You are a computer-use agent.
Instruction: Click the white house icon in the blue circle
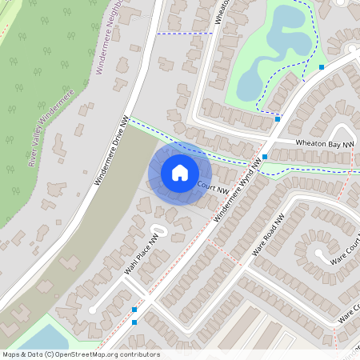[180, 173]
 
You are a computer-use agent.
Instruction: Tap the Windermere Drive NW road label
[112, 152]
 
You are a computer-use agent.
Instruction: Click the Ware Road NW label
[268, 235]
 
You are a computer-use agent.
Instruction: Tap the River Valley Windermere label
[51, 128]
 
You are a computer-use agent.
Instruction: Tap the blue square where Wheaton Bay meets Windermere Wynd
[265, 158]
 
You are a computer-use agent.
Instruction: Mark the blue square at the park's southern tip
[278, 118]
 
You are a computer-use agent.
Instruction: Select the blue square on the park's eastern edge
[322, 67]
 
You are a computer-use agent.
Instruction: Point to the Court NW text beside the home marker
[213, 188]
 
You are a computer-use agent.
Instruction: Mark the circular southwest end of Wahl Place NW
[94, 309]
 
